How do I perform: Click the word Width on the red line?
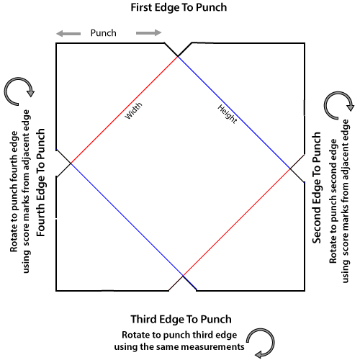(x=133, y=111)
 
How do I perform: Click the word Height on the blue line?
(x=228, y=114)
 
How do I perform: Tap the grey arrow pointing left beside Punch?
(x=68, y=33)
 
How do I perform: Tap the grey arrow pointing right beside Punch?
(x=149, y=32)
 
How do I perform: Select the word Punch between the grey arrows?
(x=104, y=33)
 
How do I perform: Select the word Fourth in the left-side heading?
(x=41, y=220)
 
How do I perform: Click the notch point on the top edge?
(x=178, y=56)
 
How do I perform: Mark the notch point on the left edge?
(x=71, y=163)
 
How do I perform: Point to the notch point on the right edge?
(x=290, y=168)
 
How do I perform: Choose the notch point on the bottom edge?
(x=183, y=276)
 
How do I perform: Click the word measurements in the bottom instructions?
(x=212, y=347)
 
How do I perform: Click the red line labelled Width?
(x=125, y=110)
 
